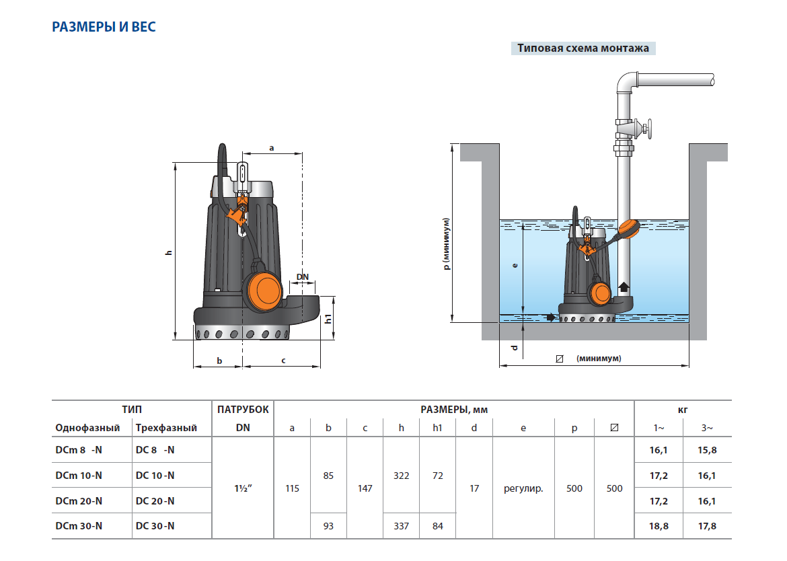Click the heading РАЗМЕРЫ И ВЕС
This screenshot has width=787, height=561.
click(x=104, y=28)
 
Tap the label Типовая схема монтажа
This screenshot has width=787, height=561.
click(x=583, y=48)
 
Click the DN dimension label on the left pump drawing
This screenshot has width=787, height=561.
click(x=303, y=276)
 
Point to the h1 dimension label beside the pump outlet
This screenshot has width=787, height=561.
click(x=328, y=319)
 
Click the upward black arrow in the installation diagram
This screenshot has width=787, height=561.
click(x=624, y=287)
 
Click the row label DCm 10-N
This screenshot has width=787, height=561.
click(x=79, y=476)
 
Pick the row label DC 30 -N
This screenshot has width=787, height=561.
click(x=155, y=526)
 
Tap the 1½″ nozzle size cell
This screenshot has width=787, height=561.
click(x=243, y=488)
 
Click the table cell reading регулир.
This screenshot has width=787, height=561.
click(x=523, y=488)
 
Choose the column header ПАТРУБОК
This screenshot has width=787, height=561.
click(x=243, y=409)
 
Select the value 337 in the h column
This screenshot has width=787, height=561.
click(x=401, y=526)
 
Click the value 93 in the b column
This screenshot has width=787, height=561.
click(x=328, y=526)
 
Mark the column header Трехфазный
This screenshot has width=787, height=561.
click(x=166, y=428)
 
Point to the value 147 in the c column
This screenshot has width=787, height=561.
click(x=365, y=488)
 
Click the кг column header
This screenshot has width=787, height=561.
click(x=682, y=409)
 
